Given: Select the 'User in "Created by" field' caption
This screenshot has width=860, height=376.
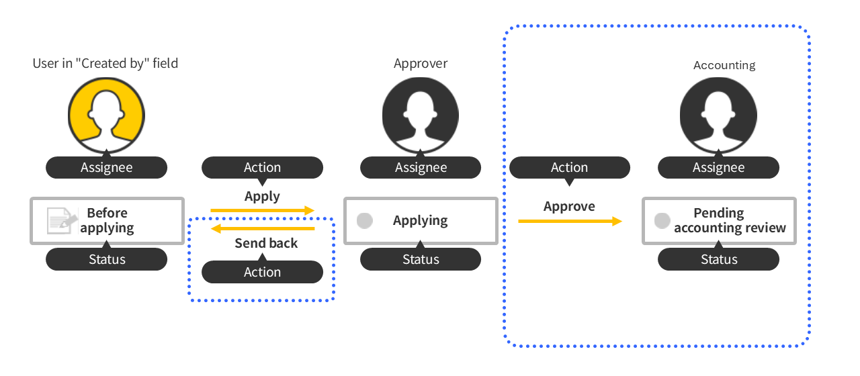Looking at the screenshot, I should coord(105,64).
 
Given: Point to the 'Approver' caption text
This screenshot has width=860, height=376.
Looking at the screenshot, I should coord(421,64).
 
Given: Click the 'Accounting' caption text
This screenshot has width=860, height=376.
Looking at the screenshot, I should coord(724,65).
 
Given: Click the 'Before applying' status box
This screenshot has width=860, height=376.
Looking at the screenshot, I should coord(107,220).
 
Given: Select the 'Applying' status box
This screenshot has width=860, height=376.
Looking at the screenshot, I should coord(421,220).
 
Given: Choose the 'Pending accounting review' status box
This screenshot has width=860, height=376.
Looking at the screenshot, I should coord(719,220).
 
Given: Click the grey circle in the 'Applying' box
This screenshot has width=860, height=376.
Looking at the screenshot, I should coord(365,220).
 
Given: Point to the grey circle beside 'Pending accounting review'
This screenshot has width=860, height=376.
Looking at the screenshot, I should coord(662,220).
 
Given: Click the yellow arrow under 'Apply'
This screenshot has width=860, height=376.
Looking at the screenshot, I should coord(262,211).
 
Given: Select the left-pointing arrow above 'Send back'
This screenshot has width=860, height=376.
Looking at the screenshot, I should coord(262,228).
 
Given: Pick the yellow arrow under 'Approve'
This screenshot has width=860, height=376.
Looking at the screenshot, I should coord(570,220).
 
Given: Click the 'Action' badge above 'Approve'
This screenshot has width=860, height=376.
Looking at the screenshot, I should coord(570,168).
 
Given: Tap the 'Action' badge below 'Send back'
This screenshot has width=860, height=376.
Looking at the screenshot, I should coord(262,272).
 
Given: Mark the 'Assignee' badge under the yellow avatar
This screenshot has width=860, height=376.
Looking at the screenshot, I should coord(106,168).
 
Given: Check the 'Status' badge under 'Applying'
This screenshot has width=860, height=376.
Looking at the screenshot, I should coord(421,259).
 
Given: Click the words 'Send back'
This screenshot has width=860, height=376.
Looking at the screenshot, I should coord(266,243).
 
